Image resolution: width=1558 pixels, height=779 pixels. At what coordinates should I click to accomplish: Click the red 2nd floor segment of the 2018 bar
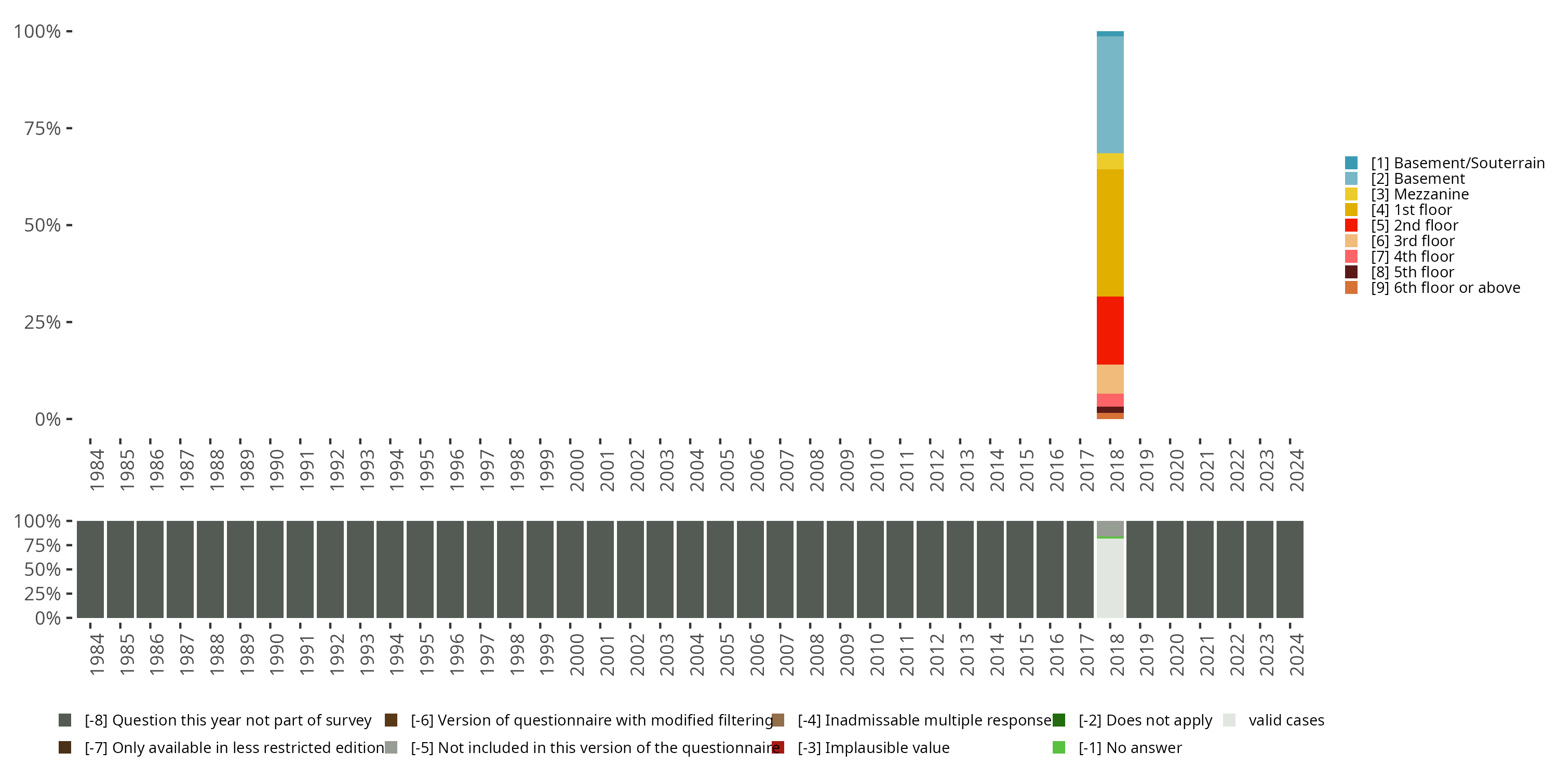click(1110, 330)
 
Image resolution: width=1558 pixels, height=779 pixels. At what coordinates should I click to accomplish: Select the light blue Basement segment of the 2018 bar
click(1110, 95)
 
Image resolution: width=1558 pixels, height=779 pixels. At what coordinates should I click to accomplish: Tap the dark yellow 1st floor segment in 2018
click(1110, 233)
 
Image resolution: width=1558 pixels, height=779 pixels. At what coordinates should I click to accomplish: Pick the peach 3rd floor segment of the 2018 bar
click(1110, 379)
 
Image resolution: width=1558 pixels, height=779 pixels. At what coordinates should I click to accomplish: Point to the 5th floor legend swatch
click(1351, 272)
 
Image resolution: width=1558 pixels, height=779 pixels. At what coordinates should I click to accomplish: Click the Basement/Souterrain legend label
click(1457, 163)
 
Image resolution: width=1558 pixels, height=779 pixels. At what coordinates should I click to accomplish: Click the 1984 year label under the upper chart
click(97, 470)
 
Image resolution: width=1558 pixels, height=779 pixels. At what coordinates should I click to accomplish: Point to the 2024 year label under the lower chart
click(1297, 654)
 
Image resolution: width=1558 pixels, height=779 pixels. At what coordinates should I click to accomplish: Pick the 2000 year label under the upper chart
click(576, 470)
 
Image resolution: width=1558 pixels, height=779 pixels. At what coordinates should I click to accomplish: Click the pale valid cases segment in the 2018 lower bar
click(1110, 577)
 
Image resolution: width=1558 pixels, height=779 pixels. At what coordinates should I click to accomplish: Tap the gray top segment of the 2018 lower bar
click(1110, 529)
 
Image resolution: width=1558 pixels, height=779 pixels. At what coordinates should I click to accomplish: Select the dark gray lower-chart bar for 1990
click(270, 569)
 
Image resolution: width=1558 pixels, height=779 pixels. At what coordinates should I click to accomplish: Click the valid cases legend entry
click(1286, 720)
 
